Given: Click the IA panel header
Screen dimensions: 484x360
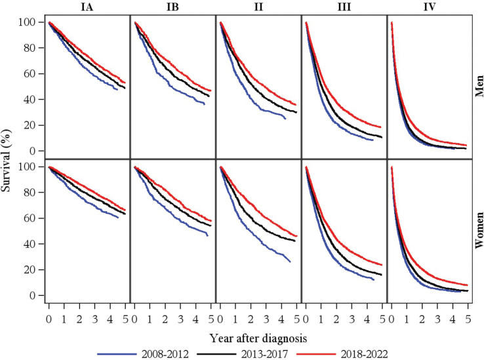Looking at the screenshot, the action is click(x=87, y=7).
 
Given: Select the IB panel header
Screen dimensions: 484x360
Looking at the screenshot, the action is click(x=172, y=7).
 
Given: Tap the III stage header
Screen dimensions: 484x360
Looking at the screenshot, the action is click(x=344, y=7).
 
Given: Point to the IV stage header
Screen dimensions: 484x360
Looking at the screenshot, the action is click(x=430, y=7).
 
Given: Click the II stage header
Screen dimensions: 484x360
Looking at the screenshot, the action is click(x=258, y=7).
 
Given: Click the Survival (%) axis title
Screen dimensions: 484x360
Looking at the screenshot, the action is click(x=5, y=159).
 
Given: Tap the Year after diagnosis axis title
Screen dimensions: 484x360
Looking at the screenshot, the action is click(x=258, y=338).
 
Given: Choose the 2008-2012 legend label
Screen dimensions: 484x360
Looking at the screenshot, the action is click(x=165, y=354).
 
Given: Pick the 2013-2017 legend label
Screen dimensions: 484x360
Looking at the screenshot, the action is click(x=264, y=354).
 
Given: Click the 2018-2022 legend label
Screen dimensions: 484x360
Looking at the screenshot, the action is click(x=364, y=354).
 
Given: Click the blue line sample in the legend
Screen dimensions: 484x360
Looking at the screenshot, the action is click(x=117, y=354).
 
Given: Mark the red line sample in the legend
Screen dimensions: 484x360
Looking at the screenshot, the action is click(x=315, y=354).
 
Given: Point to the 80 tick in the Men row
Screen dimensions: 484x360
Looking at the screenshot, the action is click(x=30, y=48).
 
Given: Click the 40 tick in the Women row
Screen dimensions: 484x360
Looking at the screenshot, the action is click(x=30, y=244).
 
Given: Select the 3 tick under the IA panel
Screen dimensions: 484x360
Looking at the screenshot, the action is click(x=94, y=319).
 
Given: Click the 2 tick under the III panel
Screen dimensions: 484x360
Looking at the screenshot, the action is click(x=336, y=319).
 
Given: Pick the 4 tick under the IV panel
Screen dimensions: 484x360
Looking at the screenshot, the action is click(x=453, y=319).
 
